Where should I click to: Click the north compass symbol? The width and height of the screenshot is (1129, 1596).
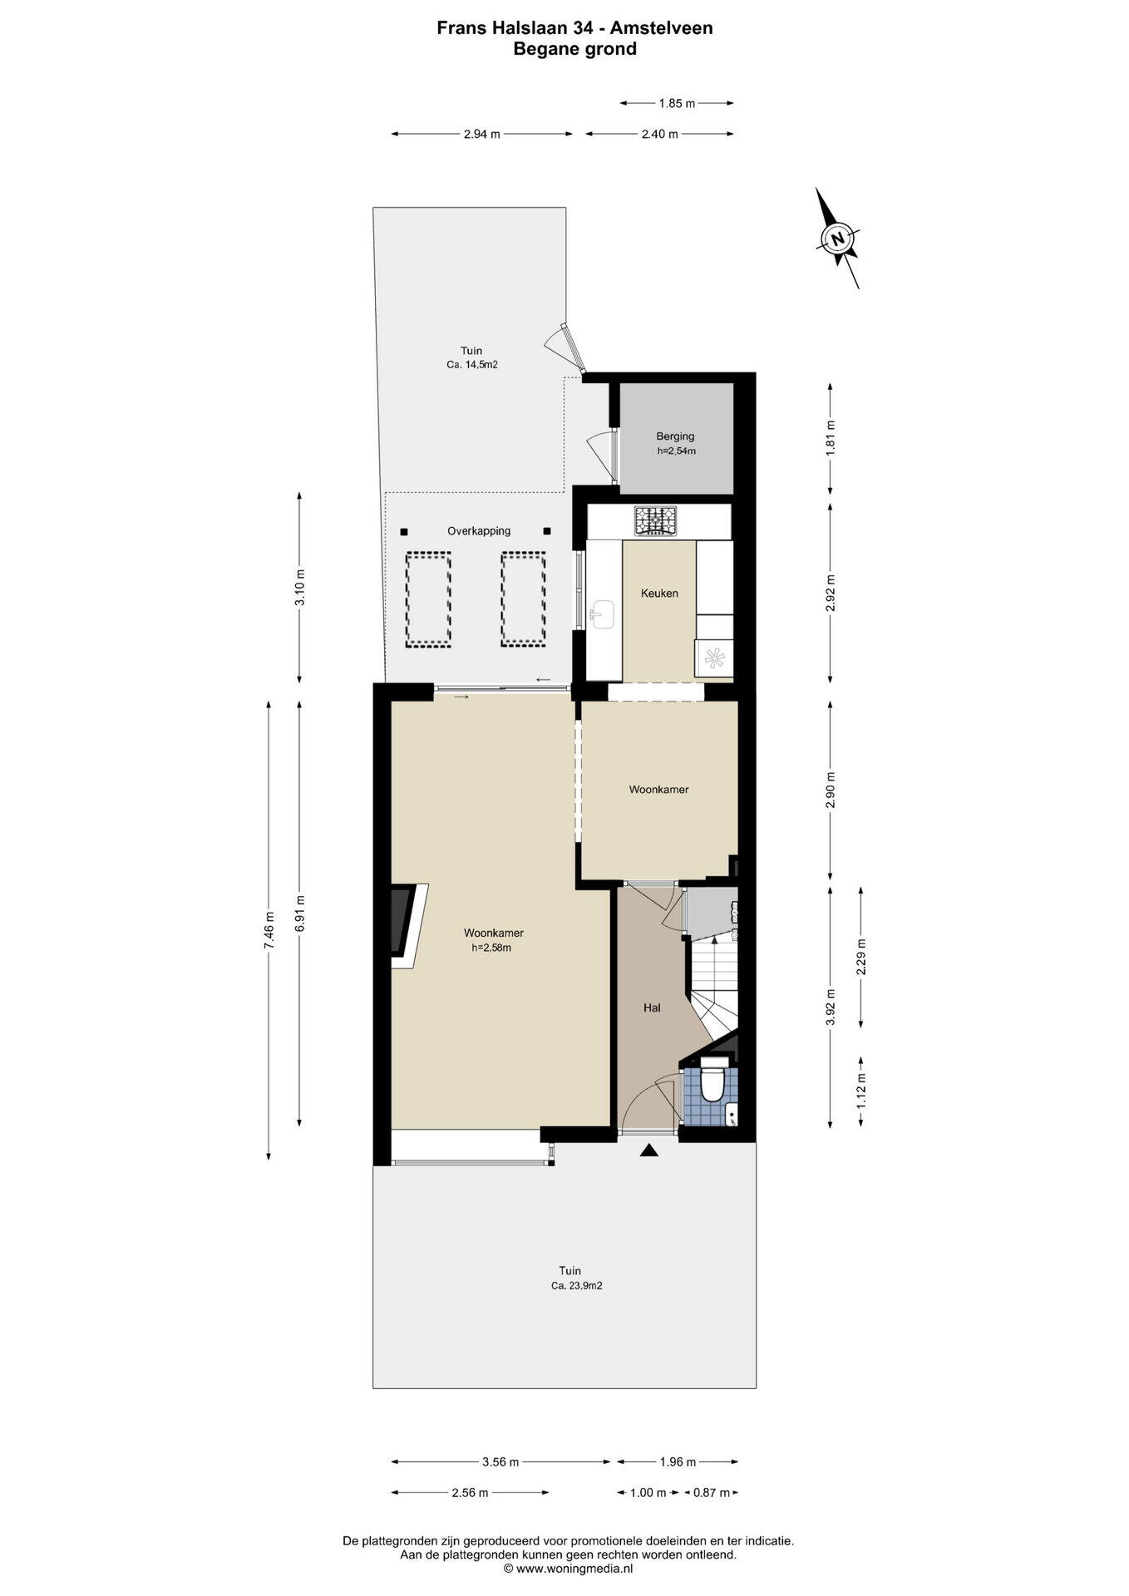tap(837, 238)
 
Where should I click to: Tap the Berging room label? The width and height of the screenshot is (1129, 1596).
tap(675, 436)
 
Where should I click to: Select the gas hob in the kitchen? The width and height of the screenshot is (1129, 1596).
tap(656, 520)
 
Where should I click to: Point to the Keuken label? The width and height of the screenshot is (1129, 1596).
tap(659, 593)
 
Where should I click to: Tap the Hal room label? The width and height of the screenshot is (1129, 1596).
tap(652, 1007)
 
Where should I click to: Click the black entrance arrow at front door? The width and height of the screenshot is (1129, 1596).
tap(648, 1150)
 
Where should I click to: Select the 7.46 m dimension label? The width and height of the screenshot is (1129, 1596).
tap(269, 929)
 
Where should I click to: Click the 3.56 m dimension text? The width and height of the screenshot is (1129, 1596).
tap(501, 1462)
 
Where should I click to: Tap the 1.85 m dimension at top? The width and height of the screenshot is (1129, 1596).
tap(677, 103)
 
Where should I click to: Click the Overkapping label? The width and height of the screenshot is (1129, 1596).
tap(479, 530)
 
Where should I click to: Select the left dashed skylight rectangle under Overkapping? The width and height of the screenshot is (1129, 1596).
tap(427, 599)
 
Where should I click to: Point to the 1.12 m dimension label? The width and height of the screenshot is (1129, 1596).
tap(861, 1091)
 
